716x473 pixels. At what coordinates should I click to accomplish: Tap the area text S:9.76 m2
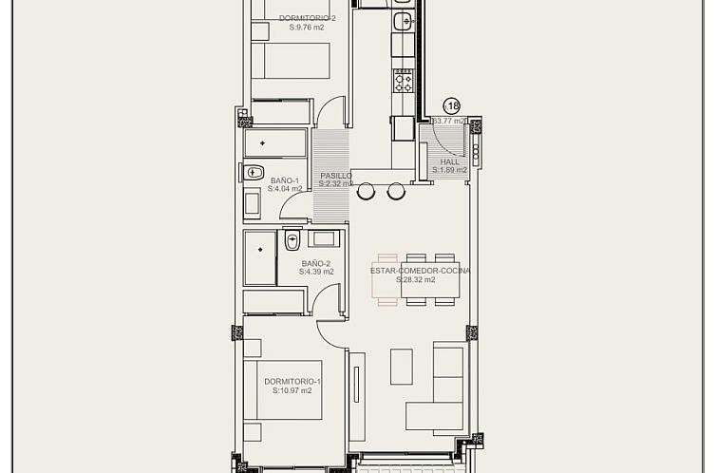coord(306,28)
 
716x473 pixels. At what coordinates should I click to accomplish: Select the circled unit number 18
coord(451,106)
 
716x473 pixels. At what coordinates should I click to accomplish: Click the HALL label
coord(450,161)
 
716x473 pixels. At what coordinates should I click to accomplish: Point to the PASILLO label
coord(336,176)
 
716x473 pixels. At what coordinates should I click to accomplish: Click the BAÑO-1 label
coord(285,180)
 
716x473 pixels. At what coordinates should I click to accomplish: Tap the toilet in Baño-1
coord(254,172)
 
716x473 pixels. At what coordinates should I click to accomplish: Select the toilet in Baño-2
coord(292,240)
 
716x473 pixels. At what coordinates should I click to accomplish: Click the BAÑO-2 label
coord(316,263)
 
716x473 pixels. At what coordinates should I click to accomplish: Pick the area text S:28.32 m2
coord(416,280)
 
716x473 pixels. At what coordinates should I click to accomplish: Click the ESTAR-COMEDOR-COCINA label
coord(421,271)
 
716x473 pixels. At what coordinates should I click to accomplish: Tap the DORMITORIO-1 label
coord(292,381)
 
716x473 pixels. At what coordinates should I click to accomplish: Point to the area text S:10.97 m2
coord(292,390)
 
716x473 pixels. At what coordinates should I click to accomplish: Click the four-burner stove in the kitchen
coord(404,81)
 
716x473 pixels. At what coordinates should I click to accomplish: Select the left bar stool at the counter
coord(366,192)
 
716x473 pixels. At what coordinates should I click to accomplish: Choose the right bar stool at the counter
coord(396,192)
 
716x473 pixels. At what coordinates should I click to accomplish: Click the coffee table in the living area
coord(402,366)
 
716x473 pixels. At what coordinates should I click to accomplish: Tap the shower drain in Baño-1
coord(259,143)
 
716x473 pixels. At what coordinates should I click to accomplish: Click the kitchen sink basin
coord(403,19)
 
